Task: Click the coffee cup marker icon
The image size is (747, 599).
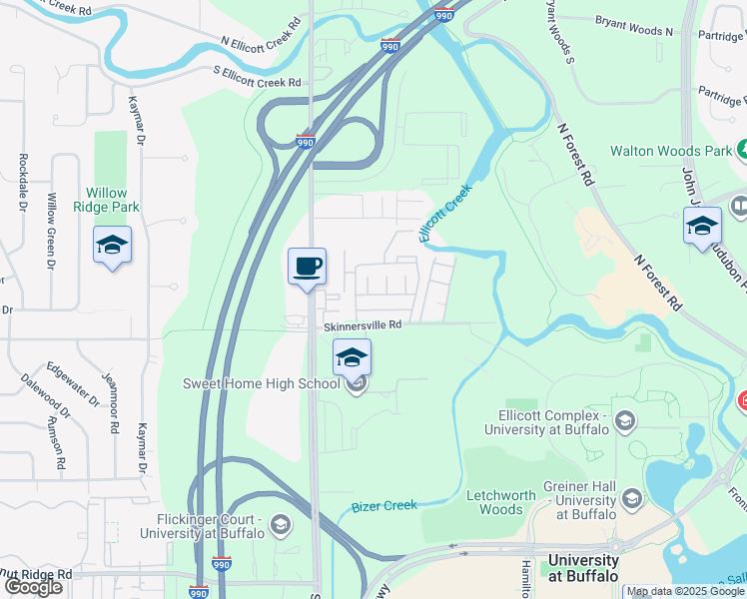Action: tap(307, 267)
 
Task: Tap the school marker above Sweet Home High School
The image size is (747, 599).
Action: tap(353, 357)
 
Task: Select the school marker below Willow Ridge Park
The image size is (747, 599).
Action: tap(112, 245)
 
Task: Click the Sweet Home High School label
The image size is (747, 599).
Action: tap(264, 383)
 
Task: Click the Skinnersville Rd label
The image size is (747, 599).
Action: tap(362, 324)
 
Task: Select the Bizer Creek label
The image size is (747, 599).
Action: tap(384, 505)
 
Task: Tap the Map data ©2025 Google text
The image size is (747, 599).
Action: tap(685, 591)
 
